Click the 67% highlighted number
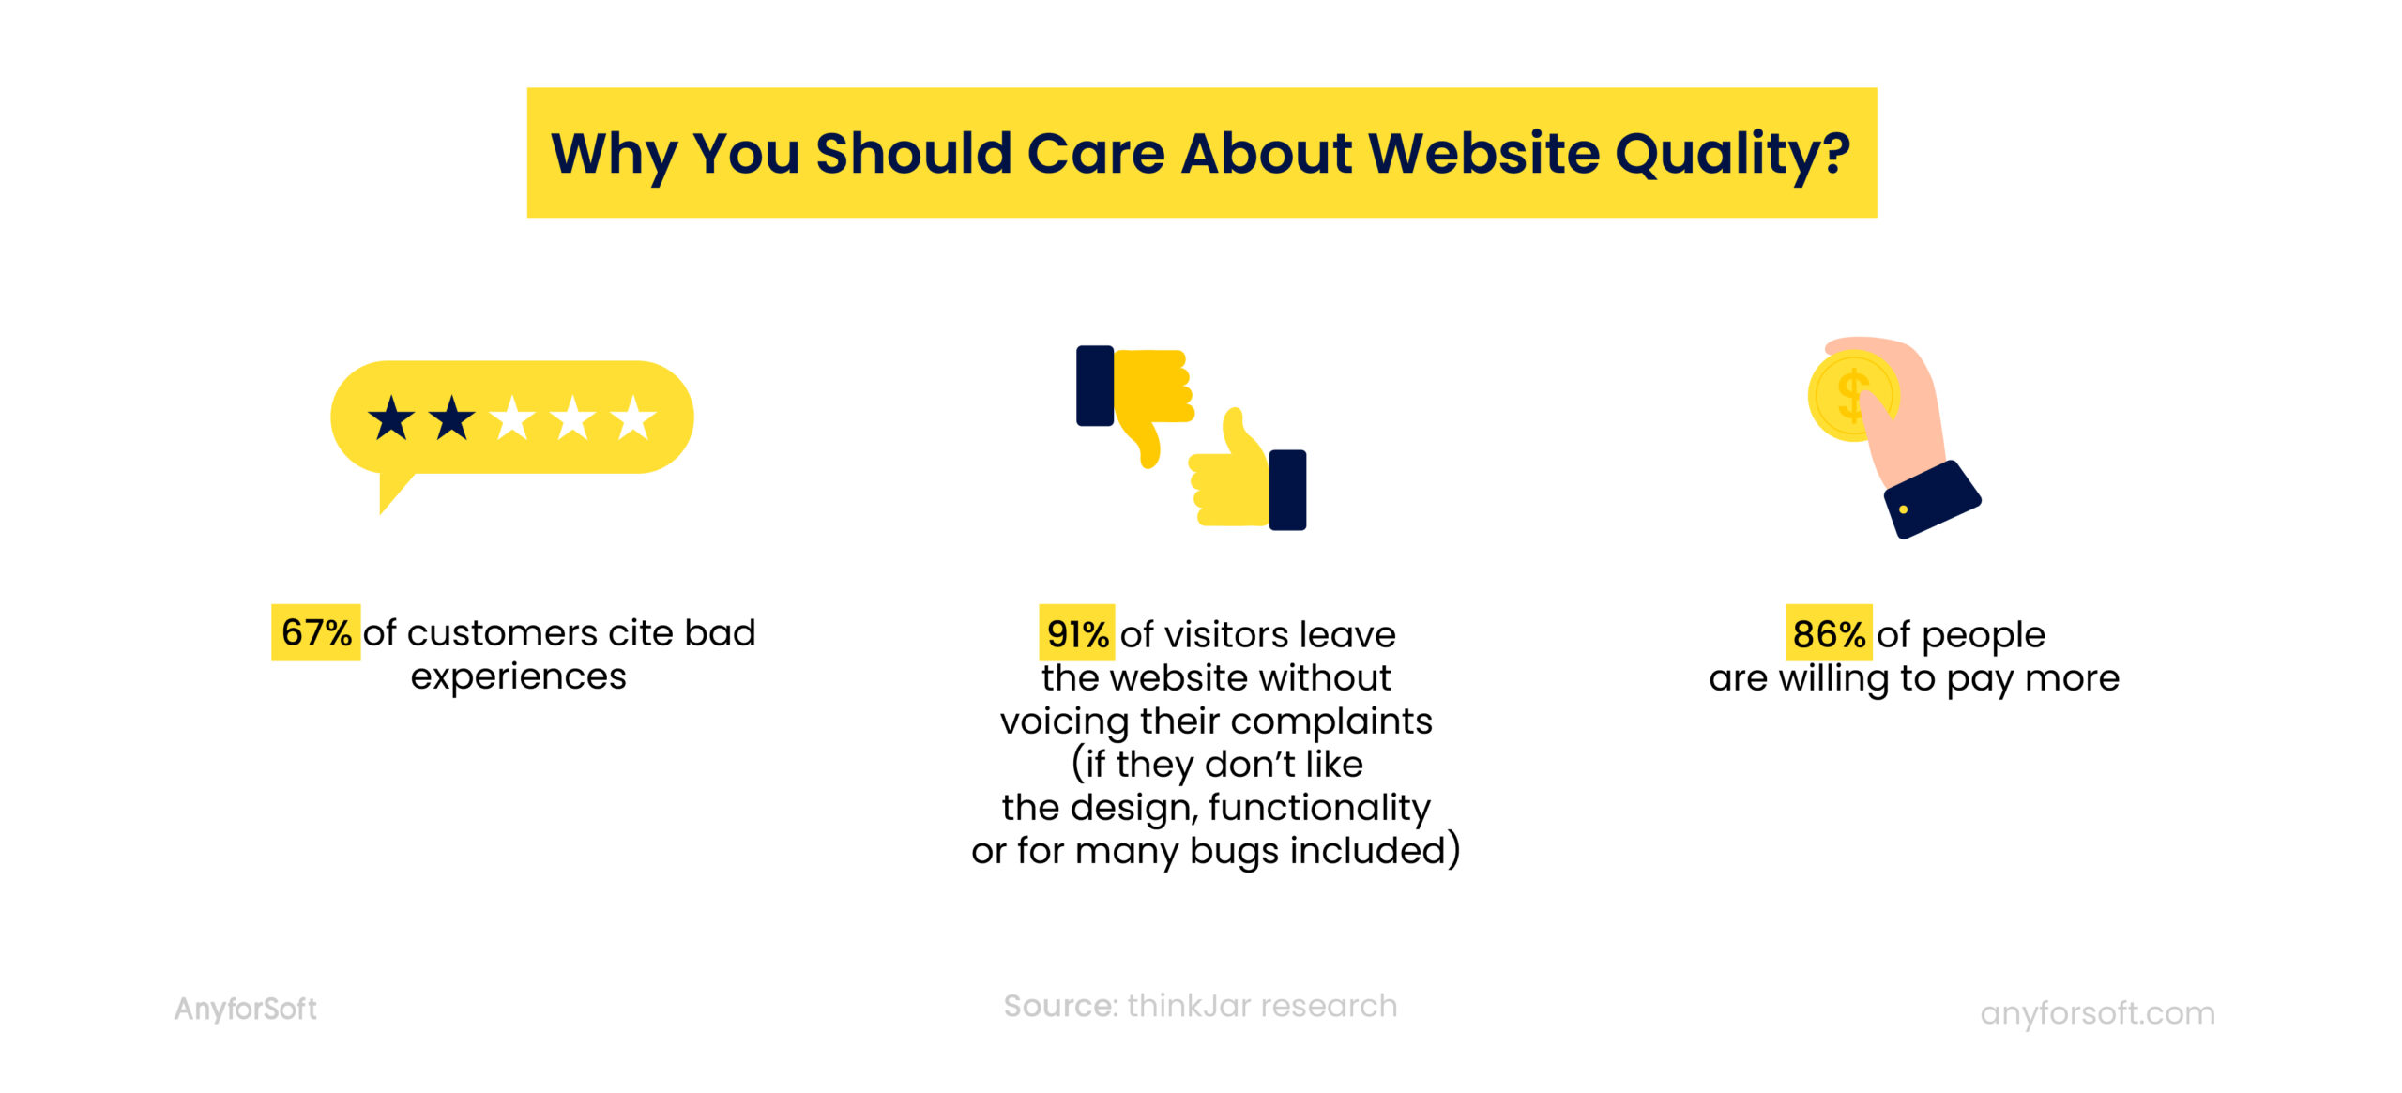pyautogui.click(x=315, y=633)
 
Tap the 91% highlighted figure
pyautogui.click(x=1076, y=635)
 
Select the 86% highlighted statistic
pyautogui.click(x=1828, y=635)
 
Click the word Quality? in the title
pyautogui.click(x=1732, y=154)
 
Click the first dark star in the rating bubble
pyautogui.click(x=391, y=418)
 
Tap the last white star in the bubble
pyautogui.click(x=633, y=418)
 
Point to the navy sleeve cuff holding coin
pyautogui.click(x=1931, y=500)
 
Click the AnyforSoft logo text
pyautogui.click(x=245, y=1010)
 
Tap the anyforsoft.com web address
pyautogui.click(x=2096, y=1013)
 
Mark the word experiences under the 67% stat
pyautogui.click(x=518, y=677)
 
